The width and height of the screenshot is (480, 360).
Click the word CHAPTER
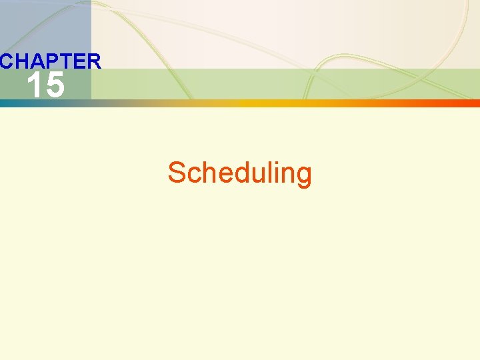point(51,62)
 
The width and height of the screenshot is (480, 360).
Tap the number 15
point(45,86)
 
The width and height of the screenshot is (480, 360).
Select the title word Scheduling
point(239,173)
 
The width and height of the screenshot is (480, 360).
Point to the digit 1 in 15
point(33,86)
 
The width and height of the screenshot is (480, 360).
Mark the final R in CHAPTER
point(93,62)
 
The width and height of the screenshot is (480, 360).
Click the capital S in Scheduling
point(177,173)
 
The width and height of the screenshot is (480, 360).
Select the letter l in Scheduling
point(269,173)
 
